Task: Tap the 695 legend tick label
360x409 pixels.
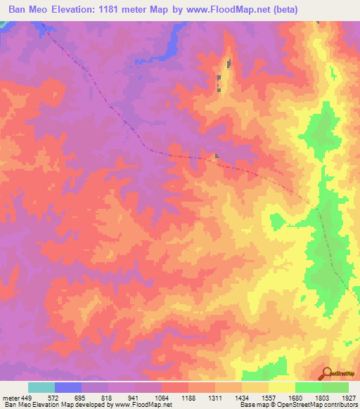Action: [x=83, y=397]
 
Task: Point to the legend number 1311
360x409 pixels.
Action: [x=216, y=397]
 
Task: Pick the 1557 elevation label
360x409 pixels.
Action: [x=269, y=397]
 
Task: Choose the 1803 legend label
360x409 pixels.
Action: [x=322, y=397]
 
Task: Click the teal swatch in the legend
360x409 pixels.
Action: [x=41, y=387]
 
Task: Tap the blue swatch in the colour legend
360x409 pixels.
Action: [x=68, y=387]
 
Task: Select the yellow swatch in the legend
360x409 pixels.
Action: [x=282, y=387]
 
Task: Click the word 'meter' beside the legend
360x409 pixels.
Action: [x=10, y=397]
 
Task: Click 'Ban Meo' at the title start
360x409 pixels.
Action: [x=30, y=10]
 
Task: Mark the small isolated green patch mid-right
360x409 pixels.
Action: [x=278, y=222]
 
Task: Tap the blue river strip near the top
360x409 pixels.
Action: [x=171, y=46]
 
